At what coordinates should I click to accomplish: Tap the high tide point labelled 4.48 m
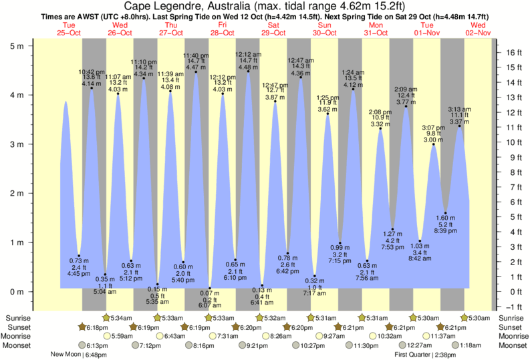coord(248,71)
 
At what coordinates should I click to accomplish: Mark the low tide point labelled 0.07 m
coord(209,289)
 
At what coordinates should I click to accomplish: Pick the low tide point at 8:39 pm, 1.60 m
coord(446,213)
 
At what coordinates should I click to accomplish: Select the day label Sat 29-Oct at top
coord(273,28)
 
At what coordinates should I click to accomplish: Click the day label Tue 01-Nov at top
coord(426,28)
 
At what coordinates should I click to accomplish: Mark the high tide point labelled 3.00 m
coord(433,144)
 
